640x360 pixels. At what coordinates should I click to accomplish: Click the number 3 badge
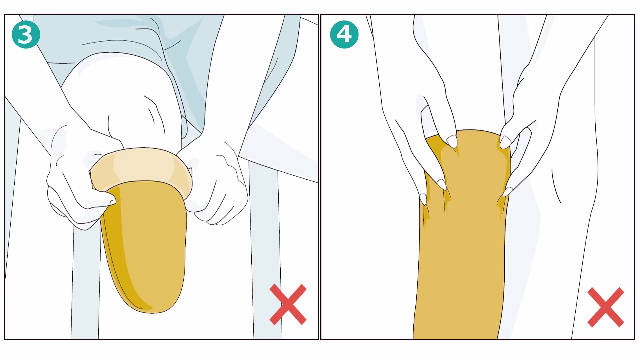26,34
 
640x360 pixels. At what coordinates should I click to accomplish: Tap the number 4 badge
344,34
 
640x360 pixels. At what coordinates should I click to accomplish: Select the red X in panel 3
288,304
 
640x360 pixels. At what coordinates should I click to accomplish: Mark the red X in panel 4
606,307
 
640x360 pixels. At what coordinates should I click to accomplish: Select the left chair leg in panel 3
86,283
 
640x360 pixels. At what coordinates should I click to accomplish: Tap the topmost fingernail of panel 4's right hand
505,142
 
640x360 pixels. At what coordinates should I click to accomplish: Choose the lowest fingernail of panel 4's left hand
423,199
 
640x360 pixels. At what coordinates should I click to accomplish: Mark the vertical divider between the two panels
320,177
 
